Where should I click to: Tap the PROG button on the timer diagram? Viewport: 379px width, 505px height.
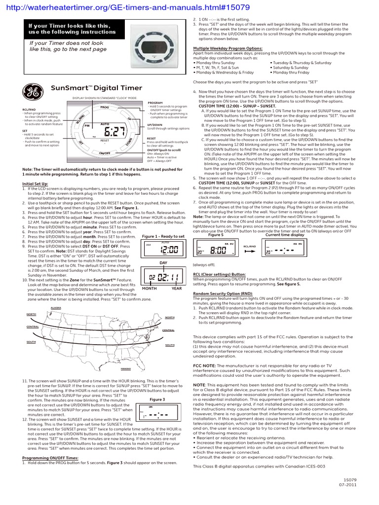tap(105, 107)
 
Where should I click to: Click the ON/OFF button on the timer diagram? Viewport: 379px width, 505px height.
tap(105, 153)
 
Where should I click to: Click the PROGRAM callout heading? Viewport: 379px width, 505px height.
tap(155, 103)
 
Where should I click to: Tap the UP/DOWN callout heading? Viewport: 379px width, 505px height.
tap(155, 125)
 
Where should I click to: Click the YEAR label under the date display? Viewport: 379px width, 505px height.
tap(177, 289)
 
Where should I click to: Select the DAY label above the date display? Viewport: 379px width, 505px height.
tap(164, 263)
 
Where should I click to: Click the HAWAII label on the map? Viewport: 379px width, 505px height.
tap(126, 368)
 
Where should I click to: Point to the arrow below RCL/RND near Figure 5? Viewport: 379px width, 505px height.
tap(250, 251)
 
